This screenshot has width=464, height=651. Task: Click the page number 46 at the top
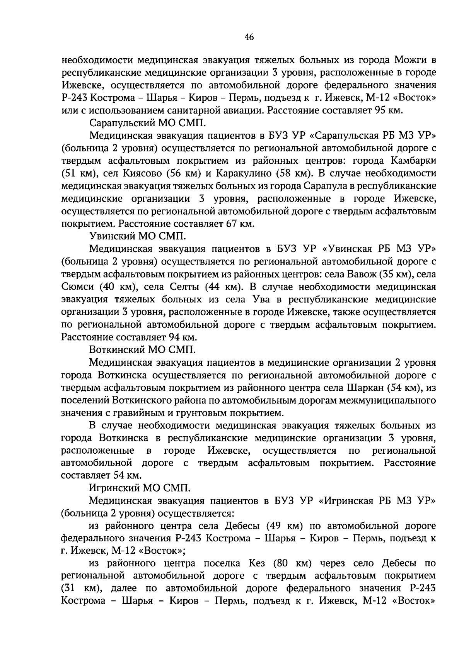[249, 37]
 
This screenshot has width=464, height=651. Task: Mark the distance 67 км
[239, 224]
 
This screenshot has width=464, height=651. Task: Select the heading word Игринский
[113, 488]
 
